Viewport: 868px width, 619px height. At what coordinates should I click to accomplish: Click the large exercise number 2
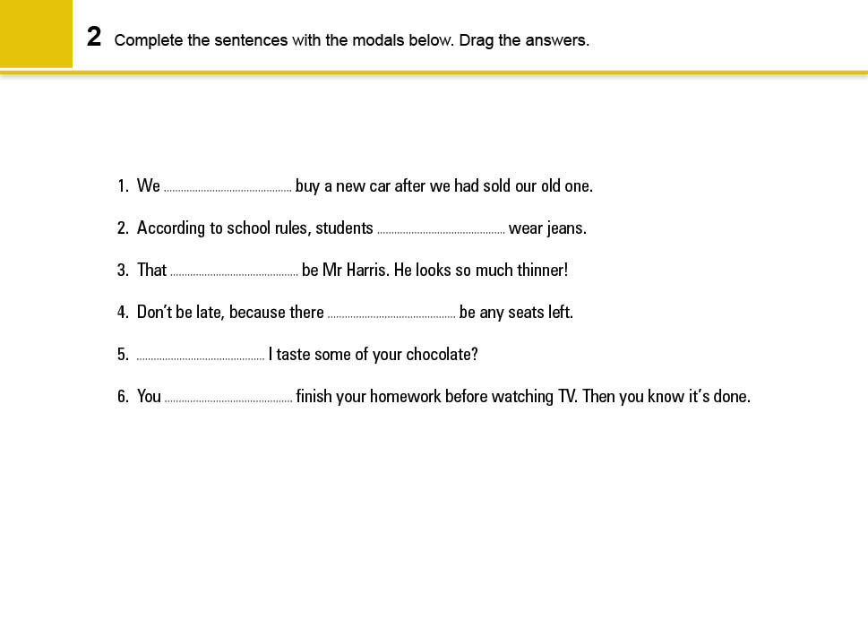point(94,38)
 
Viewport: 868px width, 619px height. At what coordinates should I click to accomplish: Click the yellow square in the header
point(36,34)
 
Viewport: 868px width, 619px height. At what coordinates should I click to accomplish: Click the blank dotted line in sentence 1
point(228,188)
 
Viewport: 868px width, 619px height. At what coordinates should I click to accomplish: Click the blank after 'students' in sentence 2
point(441,230)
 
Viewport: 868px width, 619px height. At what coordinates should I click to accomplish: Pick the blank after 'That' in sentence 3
point(234,272)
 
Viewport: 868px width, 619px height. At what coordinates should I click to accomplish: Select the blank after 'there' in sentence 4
point(391,314)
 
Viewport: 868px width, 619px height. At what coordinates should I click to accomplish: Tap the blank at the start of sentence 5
point(200,357)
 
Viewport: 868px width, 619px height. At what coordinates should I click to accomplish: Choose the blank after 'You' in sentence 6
point(228,399)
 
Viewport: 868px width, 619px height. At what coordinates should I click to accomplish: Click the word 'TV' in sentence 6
point(568,397)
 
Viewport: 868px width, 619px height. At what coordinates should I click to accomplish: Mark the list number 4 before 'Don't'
point(123,313)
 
